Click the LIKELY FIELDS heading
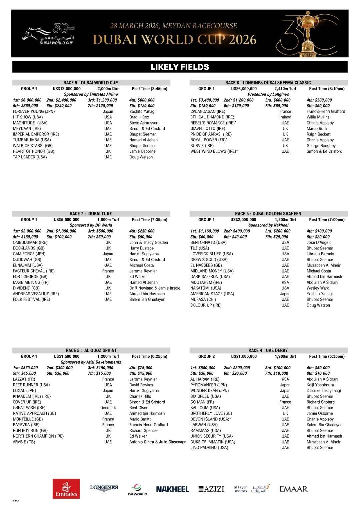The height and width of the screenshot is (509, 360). click(180, 67)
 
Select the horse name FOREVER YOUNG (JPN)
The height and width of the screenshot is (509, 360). click(34, 111)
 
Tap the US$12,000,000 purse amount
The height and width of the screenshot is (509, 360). click(67, 89)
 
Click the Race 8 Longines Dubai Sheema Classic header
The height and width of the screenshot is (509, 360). click(268, 83)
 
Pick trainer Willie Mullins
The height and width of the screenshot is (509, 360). click(318, 117)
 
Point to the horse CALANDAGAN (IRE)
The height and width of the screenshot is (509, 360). click(208, 111)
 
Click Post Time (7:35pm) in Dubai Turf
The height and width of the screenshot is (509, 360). click(149, 220)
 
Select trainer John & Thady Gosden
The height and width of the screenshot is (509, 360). click(149, 242)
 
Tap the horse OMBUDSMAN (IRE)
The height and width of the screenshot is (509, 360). click(30, 242)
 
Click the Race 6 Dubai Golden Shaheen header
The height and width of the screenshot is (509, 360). click(268, 214)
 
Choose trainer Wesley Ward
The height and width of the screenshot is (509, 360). click(318, 288)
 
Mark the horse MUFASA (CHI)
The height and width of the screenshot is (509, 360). click(203, 300)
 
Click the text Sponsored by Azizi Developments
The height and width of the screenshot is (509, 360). click(91, 362)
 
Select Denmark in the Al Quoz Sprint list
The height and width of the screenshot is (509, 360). click(108, 408)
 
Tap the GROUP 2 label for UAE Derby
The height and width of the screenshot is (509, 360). click(207, 357)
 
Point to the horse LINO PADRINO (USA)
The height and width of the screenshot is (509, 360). click(209, 448)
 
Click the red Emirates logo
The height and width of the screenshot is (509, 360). click(66, 489)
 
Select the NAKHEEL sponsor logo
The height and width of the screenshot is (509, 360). click(172, 489)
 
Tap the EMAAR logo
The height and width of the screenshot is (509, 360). click(293, 489)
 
